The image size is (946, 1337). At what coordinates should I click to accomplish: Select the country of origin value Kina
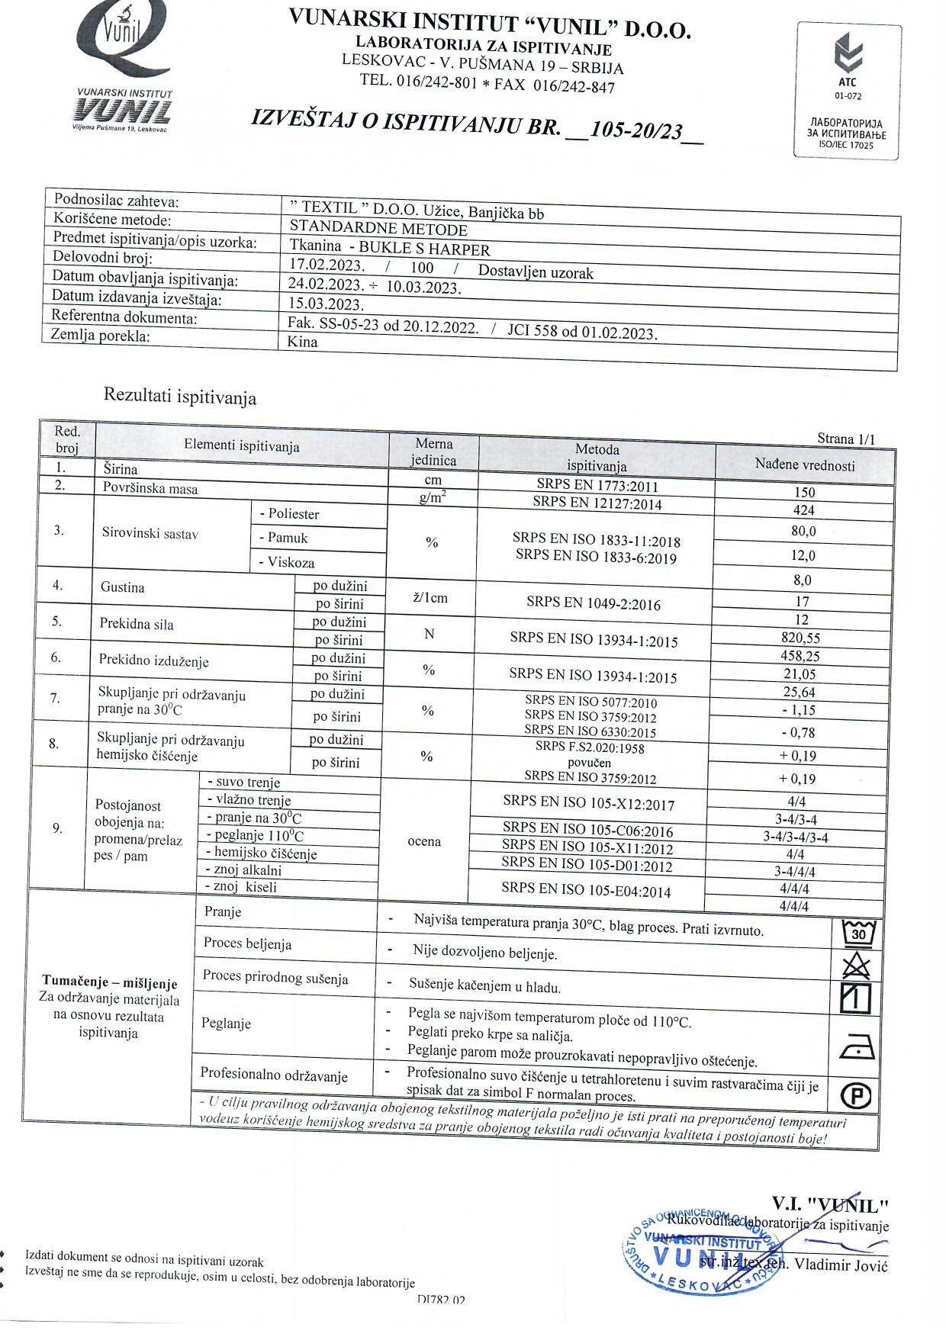click(x=303, y=342)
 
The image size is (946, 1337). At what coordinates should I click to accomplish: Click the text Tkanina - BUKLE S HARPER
click(x=390, y=248)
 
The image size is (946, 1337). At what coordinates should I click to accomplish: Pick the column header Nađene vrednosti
click(x=805, y=464)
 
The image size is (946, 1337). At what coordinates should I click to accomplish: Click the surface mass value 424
click(x=804, y=510)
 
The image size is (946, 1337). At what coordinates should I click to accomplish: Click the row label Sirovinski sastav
click(x=150, y=533)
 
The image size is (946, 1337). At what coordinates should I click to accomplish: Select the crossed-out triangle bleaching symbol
click(x=856, y=966)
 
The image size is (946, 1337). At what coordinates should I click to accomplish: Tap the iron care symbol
click(x=857, y=1050)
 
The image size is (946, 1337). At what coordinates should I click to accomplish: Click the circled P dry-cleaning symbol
click(x=856, y=1096)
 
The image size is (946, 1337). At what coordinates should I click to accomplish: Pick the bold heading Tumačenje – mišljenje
click(x=109, y=982)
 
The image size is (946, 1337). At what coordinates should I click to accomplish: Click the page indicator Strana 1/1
click(x=845, y=439)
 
